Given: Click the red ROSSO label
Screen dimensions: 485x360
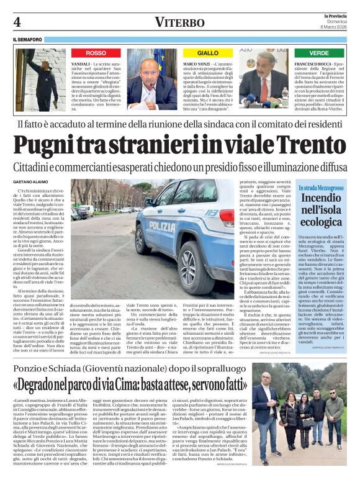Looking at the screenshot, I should pos(96,53).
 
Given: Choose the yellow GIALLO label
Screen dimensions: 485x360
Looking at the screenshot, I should pos(207,53).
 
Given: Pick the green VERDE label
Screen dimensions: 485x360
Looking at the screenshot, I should pos(319,53).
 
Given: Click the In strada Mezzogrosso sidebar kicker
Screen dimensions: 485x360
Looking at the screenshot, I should pos(321,187).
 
